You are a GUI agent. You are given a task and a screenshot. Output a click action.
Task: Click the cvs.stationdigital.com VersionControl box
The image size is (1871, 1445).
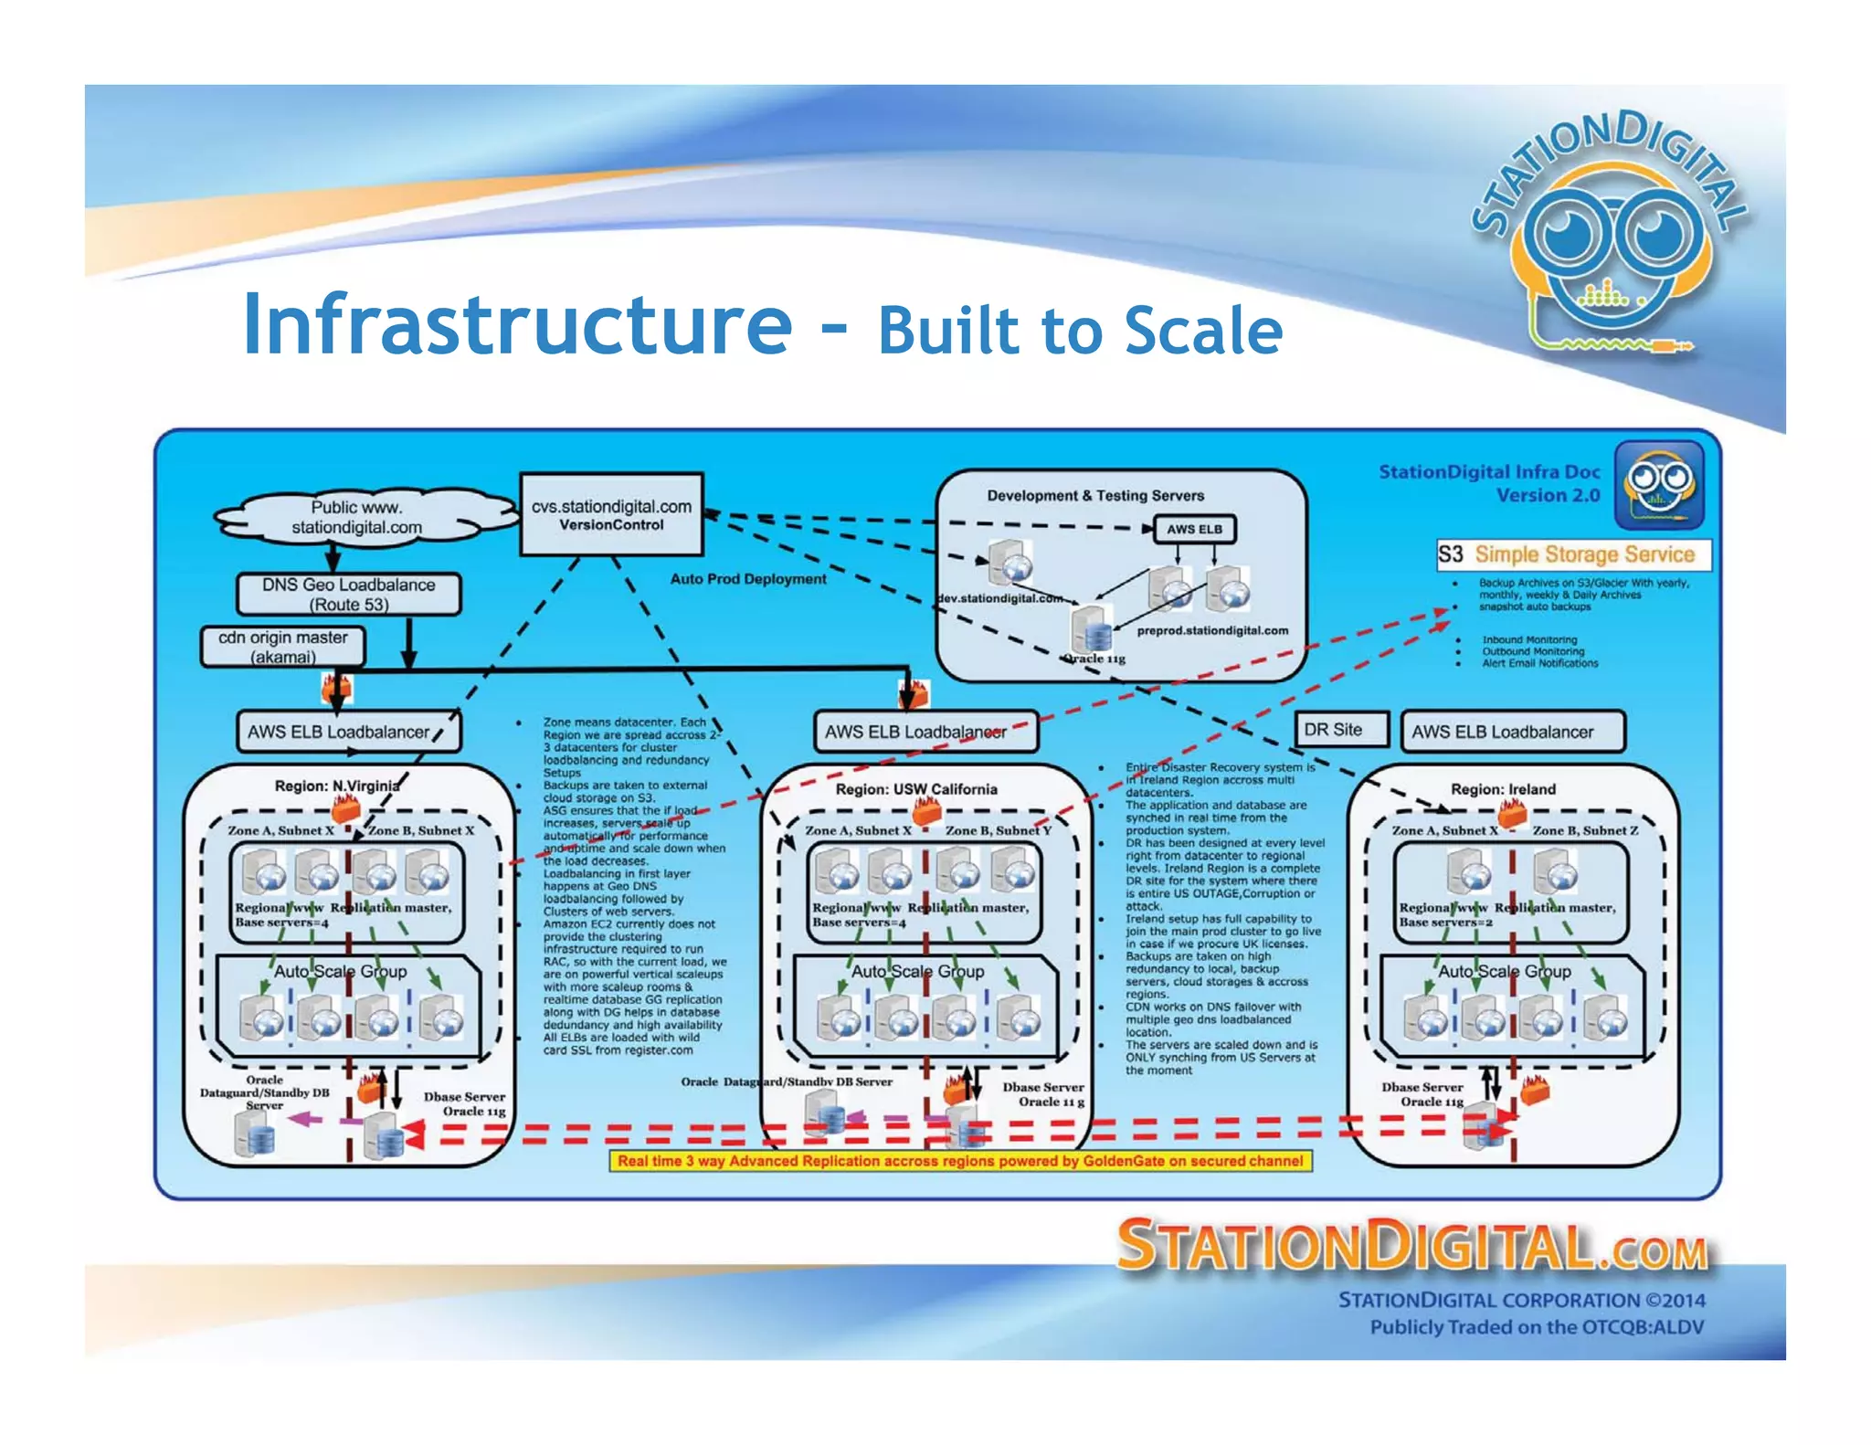click(x=611, y=514)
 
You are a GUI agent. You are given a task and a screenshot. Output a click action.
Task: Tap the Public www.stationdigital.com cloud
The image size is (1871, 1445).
click(x=357, y=517)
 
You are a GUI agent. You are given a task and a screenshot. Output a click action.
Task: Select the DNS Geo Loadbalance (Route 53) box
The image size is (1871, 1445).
click(x=348, y=594)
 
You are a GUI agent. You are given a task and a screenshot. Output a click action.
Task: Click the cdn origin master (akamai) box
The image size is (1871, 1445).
click(x=282, y=647)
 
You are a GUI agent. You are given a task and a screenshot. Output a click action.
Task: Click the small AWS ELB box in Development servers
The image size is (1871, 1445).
click(x=1193, y=529)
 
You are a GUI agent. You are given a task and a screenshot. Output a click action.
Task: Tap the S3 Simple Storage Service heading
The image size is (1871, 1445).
click(x=1572, y=554)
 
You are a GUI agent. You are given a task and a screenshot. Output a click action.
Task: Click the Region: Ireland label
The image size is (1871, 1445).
click(x=1503, y=789)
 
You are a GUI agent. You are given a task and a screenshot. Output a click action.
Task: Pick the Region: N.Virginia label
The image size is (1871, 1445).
click(x=337, y=786)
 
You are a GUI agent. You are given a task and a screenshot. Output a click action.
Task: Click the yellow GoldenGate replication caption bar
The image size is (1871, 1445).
click(x=960, y=1161)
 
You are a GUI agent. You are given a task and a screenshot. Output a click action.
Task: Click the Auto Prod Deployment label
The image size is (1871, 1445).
click(x=748, y=579)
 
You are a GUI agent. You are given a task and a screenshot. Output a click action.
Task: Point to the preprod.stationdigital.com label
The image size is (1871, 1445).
click(x=1212, y=630)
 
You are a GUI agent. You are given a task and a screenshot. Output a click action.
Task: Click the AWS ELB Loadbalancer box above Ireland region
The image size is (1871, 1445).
click(x=1512, y=732)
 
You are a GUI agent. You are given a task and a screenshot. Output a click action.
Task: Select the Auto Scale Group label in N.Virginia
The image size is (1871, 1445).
click(x=341, y=971)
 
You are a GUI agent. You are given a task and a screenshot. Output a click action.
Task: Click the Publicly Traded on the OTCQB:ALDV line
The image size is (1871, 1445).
click(x=1536, y=1327)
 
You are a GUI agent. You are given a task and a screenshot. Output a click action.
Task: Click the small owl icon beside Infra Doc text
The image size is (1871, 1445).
click(x=1658, y=484)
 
